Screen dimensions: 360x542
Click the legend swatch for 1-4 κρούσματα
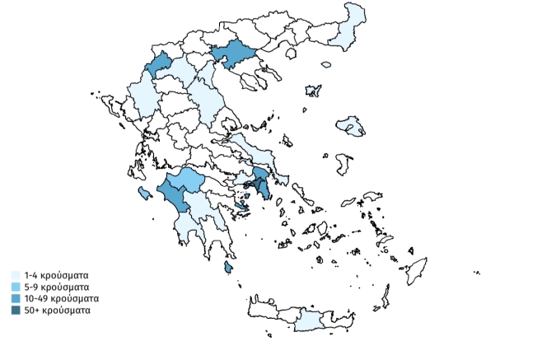tap(16, 274)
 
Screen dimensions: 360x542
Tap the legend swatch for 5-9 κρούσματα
tap(16, 286)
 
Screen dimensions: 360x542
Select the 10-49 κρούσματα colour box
tap(16, 297)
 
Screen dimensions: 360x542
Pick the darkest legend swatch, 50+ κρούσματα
tap(16, 310)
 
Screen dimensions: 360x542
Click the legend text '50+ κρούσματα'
tap(58, 310)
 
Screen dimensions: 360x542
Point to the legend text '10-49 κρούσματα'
tap(62, 297)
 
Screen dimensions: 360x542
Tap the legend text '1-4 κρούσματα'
tap(57, 274)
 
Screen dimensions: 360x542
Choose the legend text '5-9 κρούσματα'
tap(57, 286)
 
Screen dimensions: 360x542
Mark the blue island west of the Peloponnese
tap(145, 193)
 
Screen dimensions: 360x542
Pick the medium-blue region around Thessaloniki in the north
tap(233, 53)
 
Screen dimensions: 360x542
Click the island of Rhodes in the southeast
tap(418, 270)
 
